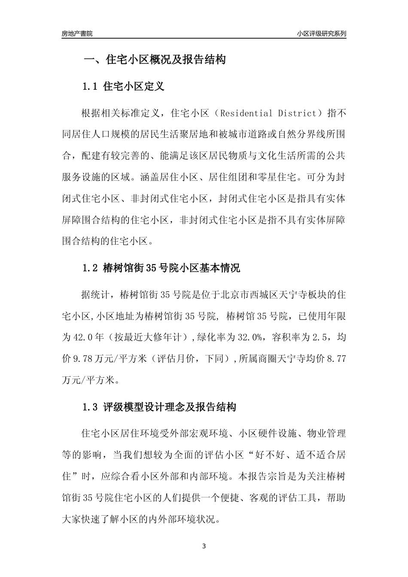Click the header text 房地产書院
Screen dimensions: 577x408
pos(77,33)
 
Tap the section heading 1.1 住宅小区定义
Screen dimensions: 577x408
pos(123,87)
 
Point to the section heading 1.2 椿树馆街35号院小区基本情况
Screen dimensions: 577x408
pos(161,268)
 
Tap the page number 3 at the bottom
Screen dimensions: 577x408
pos(204,547)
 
